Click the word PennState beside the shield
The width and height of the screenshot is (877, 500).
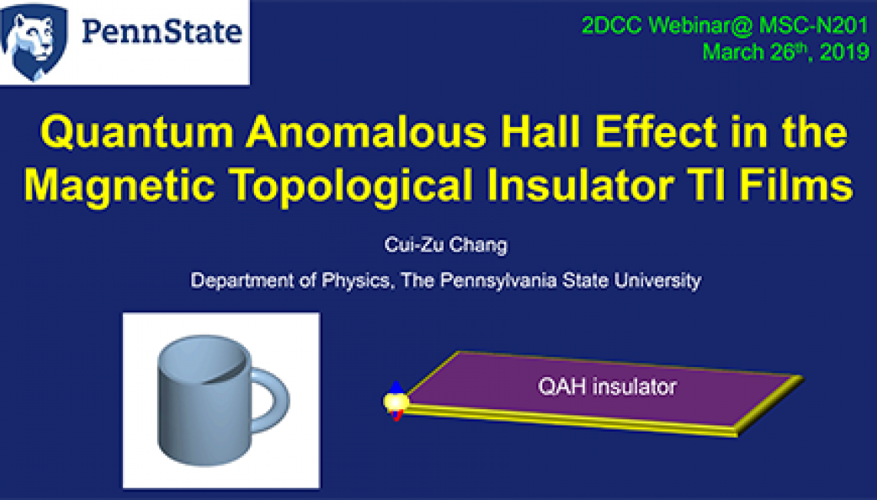coord(162,32)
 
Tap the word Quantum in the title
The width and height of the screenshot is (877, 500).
coord(137,133)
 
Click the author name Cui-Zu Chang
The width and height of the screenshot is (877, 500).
coord(445,245)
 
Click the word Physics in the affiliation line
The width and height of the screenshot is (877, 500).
coord(355,280)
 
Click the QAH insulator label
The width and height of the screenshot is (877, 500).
coord(608,386)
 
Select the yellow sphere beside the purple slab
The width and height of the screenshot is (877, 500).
coord(396,401)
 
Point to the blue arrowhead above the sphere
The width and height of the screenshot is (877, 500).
coord(396,387)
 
